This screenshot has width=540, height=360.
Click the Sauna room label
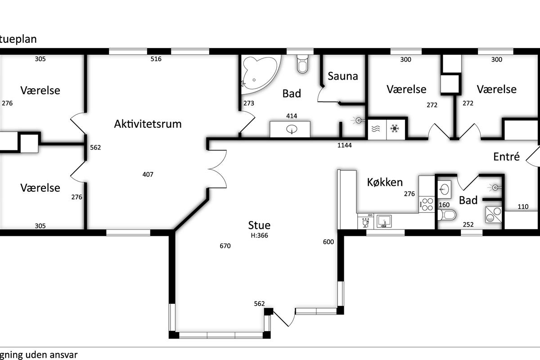(x=342, y=76)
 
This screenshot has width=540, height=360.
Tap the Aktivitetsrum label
(x=148, y=124)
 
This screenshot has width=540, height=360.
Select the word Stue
(x=259, y=225)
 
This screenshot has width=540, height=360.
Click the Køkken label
(x=385, y=182)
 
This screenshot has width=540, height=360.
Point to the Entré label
(x=506, y=157)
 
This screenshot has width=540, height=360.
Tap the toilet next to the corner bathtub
(x=302, y=63)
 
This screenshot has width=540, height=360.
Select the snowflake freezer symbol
(x=395, y=129)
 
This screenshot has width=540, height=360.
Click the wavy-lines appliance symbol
(x=376, y=129)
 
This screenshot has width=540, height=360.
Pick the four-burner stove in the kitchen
(x=427, y=204)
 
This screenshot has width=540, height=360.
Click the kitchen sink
(x=384, y=221)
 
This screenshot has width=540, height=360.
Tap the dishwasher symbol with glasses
(x=366, y=221)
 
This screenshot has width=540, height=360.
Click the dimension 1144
(x=344, y=145)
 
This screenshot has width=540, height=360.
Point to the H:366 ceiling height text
(x=259, y=235)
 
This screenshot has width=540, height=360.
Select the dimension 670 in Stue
(x=225, y=246)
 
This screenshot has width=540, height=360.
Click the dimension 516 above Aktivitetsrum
(x=156, y=59)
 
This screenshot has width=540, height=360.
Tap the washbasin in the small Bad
(x=444, y=189)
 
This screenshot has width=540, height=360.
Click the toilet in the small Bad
(x=447, y=215)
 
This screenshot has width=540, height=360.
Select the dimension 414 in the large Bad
(x=292, y=116)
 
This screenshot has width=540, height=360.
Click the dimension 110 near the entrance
(x=523, y=207)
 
